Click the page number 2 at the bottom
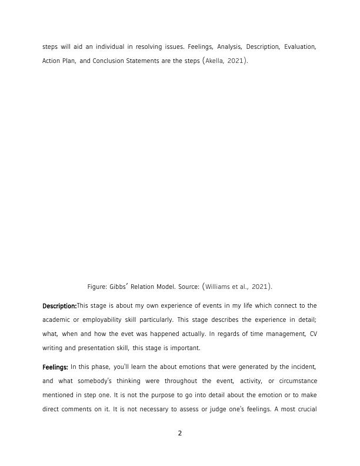(x=180, y=434)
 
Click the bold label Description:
(x=59, y=306)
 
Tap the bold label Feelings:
(x=55, y=367)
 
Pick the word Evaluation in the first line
(x=301, y=46)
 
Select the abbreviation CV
(x=312, y=334)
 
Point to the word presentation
(x=96, y=347)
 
